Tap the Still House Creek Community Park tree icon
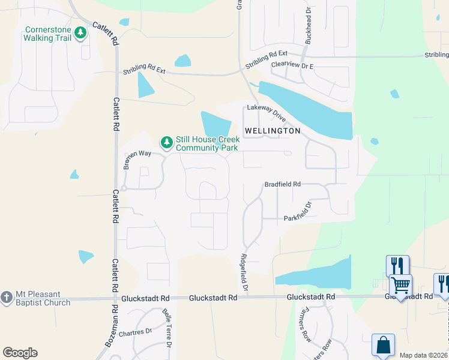(166, 142)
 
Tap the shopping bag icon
(383, 345)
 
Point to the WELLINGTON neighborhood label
(273, 131)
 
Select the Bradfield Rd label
(282, 184)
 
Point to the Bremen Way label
(137, 158)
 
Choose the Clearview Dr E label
(292, 64)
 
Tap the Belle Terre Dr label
(167, 328)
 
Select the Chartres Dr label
(135, 332)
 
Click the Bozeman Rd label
(110, 334)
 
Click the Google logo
(20, 353)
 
